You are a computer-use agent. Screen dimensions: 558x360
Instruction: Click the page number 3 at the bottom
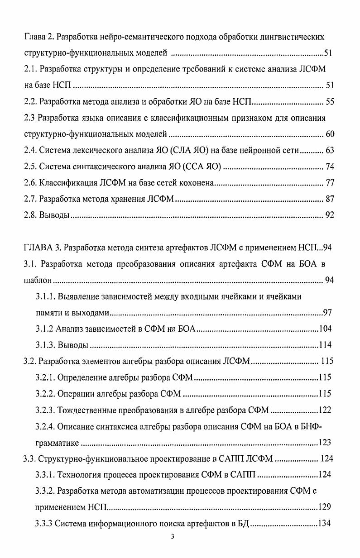tap(179, 537)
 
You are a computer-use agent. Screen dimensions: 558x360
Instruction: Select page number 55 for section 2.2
tap(330, 102)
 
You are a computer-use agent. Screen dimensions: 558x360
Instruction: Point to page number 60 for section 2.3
tap(330, 134)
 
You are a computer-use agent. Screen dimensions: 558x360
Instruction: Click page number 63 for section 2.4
tap(330, 151)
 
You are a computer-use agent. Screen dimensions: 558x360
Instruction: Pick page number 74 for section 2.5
tap(330, 167)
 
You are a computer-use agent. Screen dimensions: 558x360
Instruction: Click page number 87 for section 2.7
tap(330, 199)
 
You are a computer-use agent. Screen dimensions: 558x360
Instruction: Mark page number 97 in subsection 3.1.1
tap(328, 313)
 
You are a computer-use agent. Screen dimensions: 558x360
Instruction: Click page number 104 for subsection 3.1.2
tap(326, 329)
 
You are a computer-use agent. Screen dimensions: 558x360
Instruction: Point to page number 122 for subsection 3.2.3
tap(325, 410)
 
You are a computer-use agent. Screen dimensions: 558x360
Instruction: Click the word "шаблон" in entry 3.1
tap(35, 281)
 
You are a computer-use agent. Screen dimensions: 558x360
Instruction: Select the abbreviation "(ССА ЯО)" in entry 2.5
tap(202, 167)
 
